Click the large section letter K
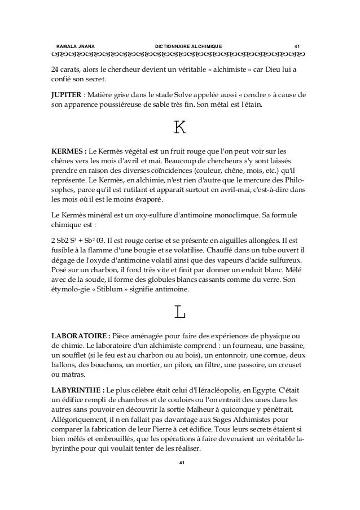[x=179, y=128]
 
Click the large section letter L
[x=179, y=311]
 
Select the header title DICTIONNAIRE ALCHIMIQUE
[x=188, y=45]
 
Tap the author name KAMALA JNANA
[x=76, y=45]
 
